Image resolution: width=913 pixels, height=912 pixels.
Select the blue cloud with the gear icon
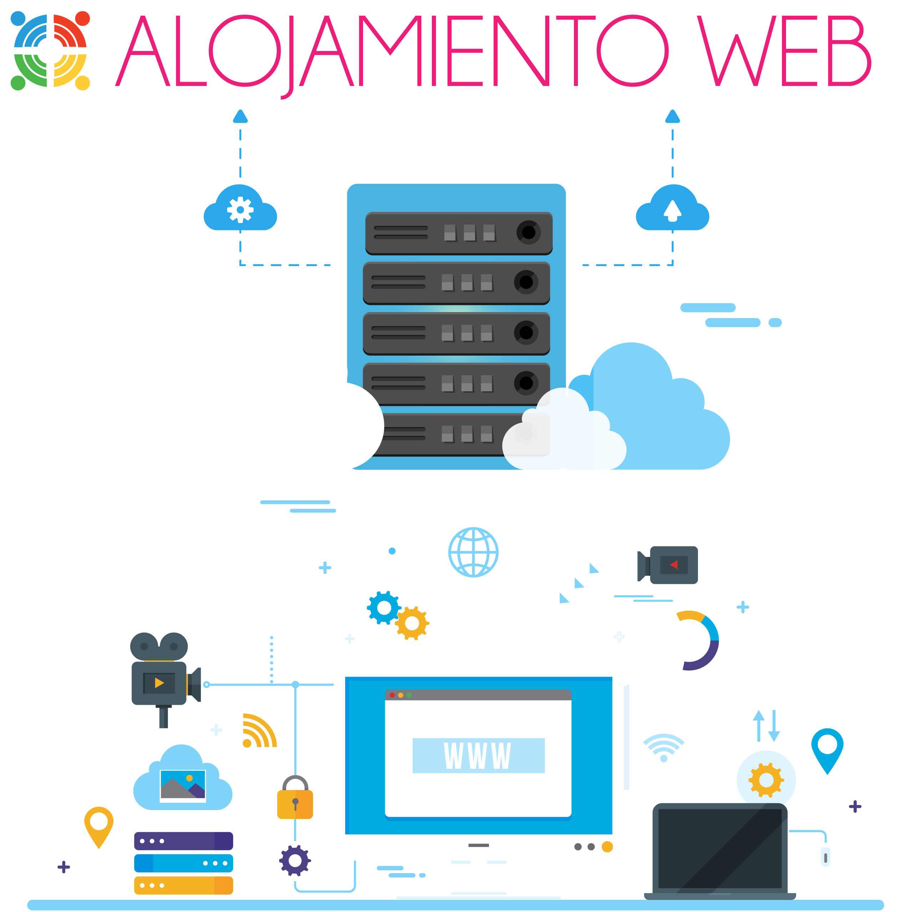tap(240, 208)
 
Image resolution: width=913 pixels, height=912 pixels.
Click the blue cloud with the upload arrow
tap(673, 208)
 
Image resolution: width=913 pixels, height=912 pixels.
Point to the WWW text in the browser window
tap(477, 755)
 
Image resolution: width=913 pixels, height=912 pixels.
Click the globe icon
tap(473, 552)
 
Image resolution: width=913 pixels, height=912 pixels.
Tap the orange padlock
tap(295, 797)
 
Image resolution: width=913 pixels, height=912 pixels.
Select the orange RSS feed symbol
tap(259, 730)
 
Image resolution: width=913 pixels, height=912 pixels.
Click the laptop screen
tap(720, 848)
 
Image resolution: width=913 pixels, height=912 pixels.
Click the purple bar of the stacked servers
tap(183, 841)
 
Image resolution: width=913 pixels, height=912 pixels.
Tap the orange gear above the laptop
tap(766, 780)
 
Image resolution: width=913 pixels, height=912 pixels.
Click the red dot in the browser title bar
tap(392, 695)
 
